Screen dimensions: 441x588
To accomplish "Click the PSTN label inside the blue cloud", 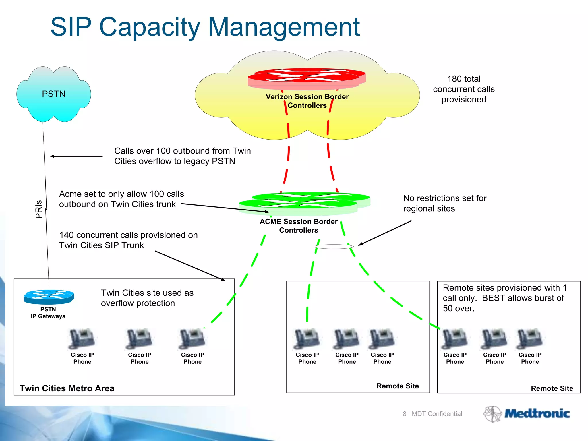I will [x=54, y=94].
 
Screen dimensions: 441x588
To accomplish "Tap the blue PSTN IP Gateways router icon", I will [x=49, y=297].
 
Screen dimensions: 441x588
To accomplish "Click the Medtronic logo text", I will [x=537, y=414].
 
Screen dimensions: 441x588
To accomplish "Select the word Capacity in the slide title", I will [x=149, y=27].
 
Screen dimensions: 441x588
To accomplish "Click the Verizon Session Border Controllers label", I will [x=307, y=101].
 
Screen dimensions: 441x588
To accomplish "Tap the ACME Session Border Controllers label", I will [x=299, y=226].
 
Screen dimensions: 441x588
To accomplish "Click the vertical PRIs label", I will [x=39, y=209].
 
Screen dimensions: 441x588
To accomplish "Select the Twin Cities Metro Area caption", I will [x=67, y=388].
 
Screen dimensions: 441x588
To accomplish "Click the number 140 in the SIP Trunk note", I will [x=66, y=235].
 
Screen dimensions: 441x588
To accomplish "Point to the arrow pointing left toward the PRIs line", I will [x=76, y=156].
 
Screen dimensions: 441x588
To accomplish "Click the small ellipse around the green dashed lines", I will [x=334, y=247].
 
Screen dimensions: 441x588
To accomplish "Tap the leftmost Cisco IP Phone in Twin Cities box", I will [x=82, y=339].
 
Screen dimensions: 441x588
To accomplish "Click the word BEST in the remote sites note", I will [x=493, y=298].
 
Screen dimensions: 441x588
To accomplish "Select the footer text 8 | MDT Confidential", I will [x=432, y=414].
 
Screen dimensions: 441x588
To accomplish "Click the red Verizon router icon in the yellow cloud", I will [x=307, y=78].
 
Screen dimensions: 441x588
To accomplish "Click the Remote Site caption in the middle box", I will [x=397, y=386].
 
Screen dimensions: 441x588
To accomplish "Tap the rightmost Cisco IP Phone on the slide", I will [x=530, y=339].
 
